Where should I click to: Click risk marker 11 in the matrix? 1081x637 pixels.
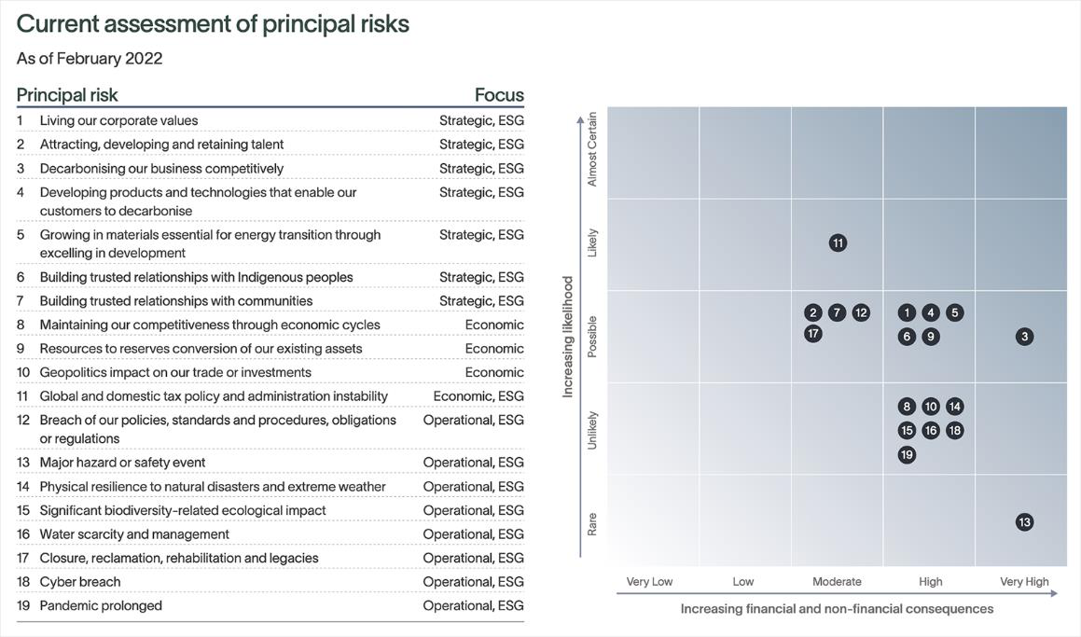pyautogui.click(x=838, y=243)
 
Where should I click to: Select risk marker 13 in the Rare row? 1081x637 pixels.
pyautogui.click(x=1024, y=522)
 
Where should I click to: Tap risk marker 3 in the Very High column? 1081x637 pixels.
pyautogui.click(x=1024, y=337)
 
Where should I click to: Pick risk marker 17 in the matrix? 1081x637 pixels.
pyautogui.click(x=813, y=334)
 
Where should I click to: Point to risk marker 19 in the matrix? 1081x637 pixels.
pyautogui.click(x=907, y=455)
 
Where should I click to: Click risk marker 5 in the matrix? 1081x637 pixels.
pyautogui.click(x=954, y=313)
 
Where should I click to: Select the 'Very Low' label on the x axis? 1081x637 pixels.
pyautogui.click(x=649, y=582)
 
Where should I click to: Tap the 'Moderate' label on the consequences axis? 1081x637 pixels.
pyautogui.click(x=837, y=582)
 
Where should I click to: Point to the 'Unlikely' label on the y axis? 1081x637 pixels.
pyautogui.click(x=592, y=430)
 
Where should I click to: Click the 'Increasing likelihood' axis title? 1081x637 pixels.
pyautogui.click(x=567, y=337)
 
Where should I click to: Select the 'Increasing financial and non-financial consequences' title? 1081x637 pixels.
pyautogui.click(x=837, y=609)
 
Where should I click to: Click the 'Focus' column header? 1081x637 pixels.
pyautogui.click(x=499, y=95)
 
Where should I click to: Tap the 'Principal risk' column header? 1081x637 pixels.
pyautogui.click(x=67, y=95)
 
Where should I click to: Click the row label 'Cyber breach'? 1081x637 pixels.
pyautogui.click(x=80, y=582)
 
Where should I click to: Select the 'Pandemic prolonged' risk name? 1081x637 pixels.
pyautogui.click(x=101, y=606)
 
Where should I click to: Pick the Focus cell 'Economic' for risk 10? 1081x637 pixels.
pyautogui.click(x=494, y=373)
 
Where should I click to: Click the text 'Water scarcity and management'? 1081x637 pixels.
pyautogui.click(x=134, y=534)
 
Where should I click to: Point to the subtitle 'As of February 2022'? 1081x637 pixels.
pyautogui.click(x=90, y=59)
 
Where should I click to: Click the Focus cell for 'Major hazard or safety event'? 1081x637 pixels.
pyautogui.click(x=473, y=463)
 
